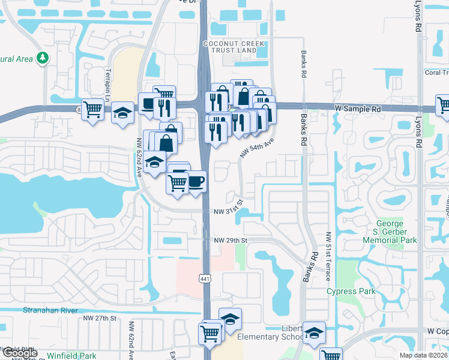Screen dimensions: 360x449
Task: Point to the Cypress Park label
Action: pyautogui.click(x=351, y=292)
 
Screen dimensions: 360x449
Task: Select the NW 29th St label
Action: pyautogui.click(x=231, y=241)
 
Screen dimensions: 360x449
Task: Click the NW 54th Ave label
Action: pyautogui.click(x=257, y=147)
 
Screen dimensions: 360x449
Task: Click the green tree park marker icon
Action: pyautogui.click(x=43, y=58)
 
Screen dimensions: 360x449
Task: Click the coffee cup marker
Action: pyautogui.click(x=196, y=181)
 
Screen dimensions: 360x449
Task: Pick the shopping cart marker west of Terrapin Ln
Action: pyautogui.click(x=92, y=109)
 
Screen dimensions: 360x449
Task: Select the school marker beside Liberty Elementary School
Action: pyautogui.click(x=313, y=333)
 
